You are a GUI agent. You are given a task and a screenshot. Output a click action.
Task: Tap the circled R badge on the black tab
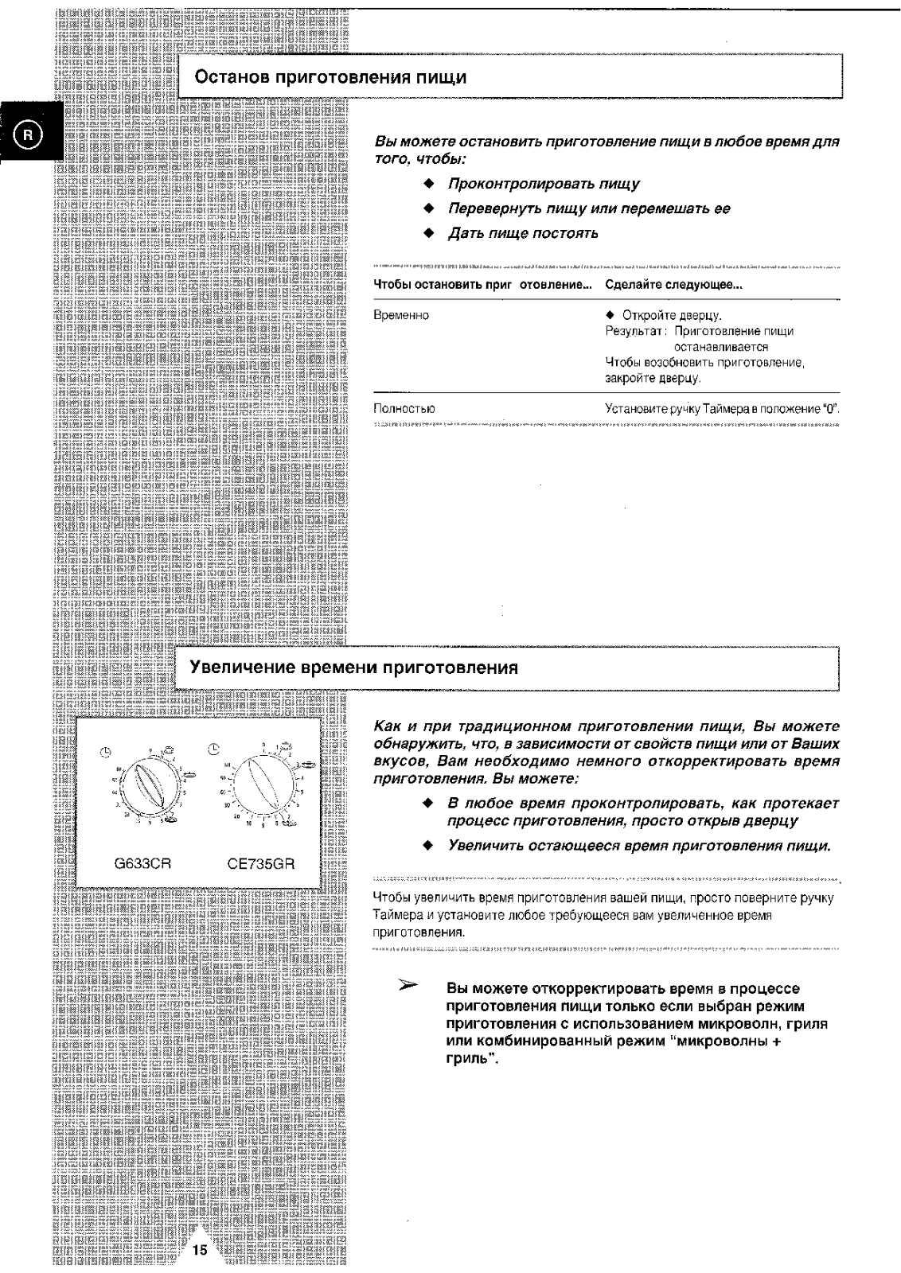click(28, 134)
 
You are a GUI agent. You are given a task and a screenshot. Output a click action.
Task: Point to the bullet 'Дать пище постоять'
click(523, 233)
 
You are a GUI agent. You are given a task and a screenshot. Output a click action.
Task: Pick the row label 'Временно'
click(401, 315)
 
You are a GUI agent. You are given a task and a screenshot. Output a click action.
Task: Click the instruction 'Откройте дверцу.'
click(671, 315)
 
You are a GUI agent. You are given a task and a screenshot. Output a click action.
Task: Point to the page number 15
click(199, 1250)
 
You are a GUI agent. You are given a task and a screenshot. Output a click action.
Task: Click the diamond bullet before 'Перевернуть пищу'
click(428, 208)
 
